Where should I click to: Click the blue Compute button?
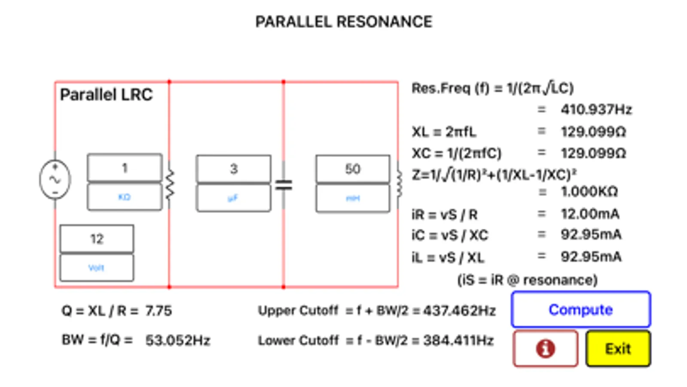(580, 310)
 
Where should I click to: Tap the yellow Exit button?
(618, 349)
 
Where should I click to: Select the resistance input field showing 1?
(125, 168)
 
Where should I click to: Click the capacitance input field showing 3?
(233, 169)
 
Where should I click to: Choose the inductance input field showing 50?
(353, 169)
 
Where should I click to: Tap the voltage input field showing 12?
(97, 239)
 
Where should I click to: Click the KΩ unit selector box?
(125, 197)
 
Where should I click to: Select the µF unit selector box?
(233, 198)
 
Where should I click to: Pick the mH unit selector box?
(353, 198)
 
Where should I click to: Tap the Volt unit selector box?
(97, 267)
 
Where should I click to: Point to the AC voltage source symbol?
(55, 179)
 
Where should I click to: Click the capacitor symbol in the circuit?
(284, 185)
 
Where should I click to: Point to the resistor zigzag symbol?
(170, 184)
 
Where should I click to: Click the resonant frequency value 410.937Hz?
(596, 110)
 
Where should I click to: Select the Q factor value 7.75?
(158, 310)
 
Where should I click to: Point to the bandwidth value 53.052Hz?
(177, 340)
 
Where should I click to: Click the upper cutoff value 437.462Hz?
(459, 310)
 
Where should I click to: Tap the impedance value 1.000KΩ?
(589, 191)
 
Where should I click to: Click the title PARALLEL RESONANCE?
(344, 21)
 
